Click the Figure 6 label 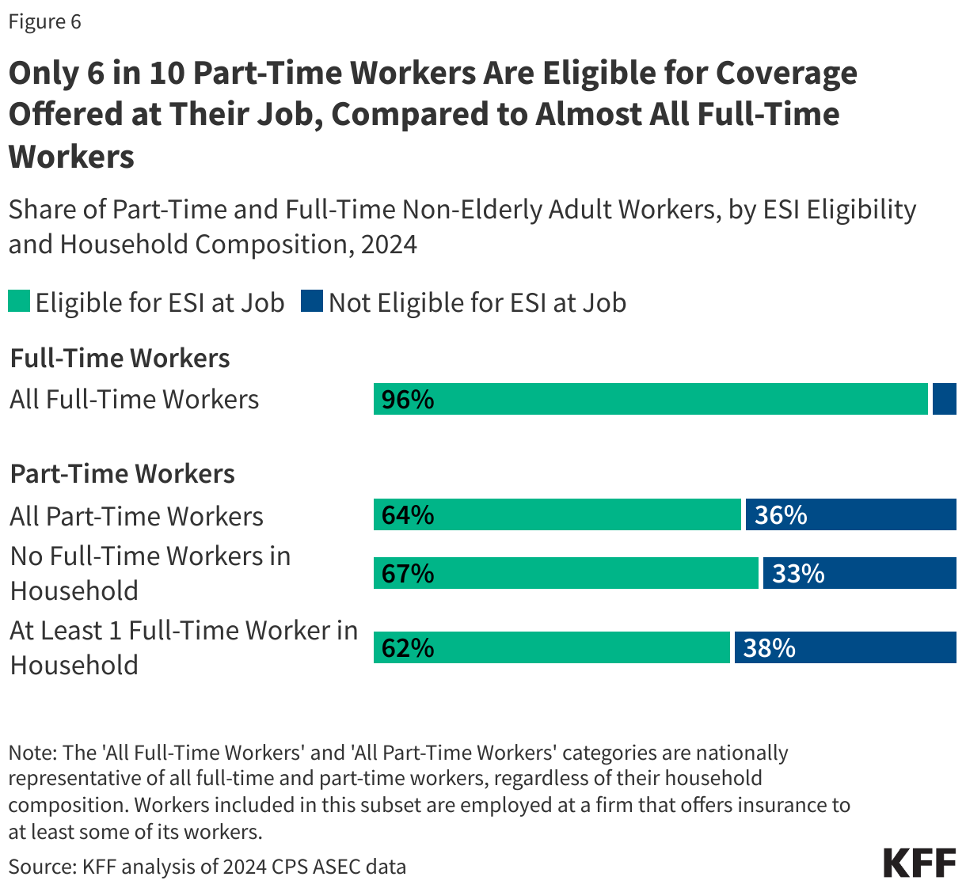coord(45,21)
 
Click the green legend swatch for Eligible coord(19,302)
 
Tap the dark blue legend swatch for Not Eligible coord(312,302)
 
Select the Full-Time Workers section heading coord(120,358)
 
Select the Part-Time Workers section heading coord(122,473)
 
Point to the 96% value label coord(408,400)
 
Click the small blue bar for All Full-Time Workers coord(944,399)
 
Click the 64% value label coord(408,515)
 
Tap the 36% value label coord(781,515)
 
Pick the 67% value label coord(408,573)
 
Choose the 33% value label coord(798,573)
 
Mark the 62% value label coord(408,648)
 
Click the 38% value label coord(769,648)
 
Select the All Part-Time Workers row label coord(136,516)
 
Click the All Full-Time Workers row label coord(134,399)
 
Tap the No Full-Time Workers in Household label coord(150,573)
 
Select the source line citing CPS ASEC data coord(207,867)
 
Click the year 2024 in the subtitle coord(388,244)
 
